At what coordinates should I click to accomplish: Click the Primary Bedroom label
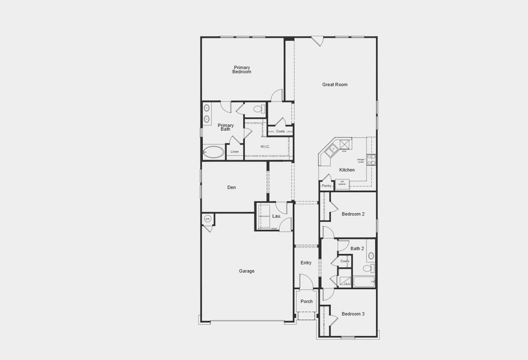pos(242,70)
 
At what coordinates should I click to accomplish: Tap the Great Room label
pos(335,85)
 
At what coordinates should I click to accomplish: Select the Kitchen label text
pos(347,170)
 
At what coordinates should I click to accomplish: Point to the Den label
pos(232,188)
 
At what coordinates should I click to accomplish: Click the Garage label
pos(247,271)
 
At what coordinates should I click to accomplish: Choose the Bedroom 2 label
pos(353,214)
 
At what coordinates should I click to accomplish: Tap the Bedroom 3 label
pos(353,314)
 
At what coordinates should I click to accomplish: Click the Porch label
pos(307,301)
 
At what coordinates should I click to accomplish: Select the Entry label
pos(306,263)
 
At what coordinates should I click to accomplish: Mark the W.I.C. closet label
pos(265,146)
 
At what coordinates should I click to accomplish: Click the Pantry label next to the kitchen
pos(326,185)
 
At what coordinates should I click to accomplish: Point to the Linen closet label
pos(235,152)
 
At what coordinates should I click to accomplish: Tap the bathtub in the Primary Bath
pos(213,151)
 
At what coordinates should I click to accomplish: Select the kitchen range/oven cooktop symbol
pos(371,159)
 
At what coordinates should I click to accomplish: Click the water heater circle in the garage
pos(208,219)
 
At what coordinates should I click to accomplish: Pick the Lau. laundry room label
pos(277,216)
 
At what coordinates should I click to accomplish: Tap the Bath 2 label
pos(357,248)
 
